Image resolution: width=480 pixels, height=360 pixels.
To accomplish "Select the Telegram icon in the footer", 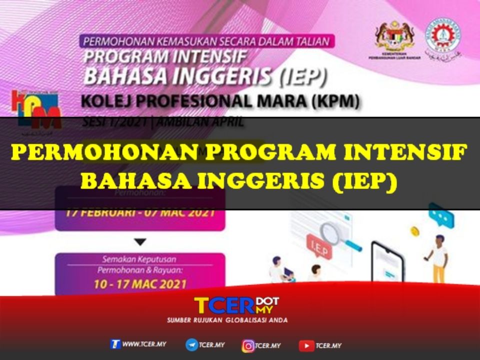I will click(x=191, y=345).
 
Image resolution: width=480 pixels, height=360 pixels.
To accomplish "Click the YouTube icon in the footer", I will click(x=306, y=345).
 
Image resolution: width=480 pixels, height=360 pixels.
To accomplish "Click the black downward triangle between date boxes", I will click(x=140, y=242).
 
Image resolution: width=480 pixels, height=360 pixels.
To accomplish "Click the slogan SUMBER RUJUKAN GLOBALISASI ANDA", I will click(x=227, y=320).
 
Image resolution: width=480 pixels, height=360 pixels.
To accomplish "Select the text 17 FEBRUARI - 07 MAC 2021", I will click(x=140, y=212).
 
